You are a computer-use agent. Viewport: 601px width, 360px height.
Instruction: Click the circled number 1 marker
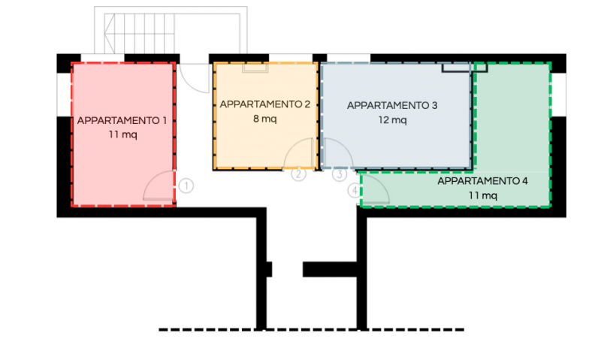pos(186,186)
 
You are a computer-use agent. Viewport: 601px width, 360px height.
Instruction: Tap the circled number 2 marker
pos(298,174)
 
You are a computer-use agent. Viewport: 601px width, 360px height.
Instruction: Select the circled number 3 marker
pos(340,174)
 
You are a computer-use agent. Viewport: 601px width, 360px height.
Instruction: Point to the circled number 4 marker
pos(355,191)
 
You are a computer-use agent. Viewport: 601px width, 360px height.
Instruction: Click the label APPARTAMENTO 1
pos(122,120)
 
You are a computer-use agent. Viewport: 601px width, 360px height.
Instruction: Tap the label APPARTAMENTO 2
pos(265,104)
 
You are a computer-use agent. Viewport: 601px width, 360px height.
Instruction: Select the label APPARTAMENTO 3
pos(392,105)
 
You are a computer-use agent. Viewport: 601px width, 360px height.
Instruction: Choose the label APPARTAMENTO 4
pos(482,181)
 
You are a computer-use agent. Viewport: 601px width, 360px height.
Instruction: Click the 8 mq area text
pos(265,119)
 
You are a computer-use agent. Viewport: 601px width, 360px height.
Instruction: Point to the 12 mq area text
pos(392,120)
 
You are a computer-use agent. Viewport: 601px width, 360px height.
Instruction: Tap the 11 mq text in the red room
pos(122,135)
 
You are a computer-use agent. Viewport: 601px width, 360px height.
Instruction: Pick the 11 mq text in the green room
pos(483,195)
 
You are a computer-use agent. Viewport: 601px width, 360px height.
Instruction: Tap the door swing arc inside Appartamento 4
pos(382,183)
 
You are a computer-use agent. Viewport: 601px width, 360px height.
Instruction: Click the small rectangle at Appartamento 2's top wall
pos(255,68)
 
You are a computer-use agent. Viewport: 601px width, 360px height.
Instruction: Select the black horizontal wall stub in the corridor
pos(331,269)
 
